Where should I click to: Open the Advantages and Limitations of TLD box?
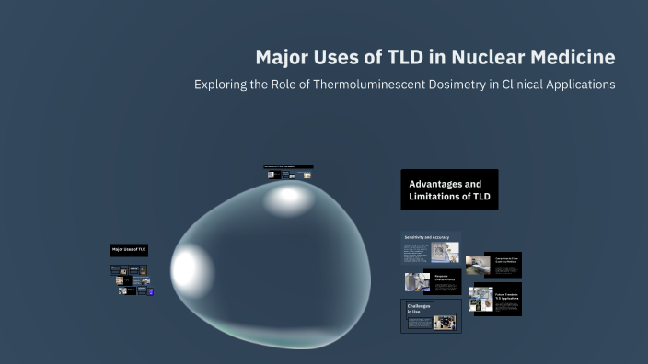point(449,189)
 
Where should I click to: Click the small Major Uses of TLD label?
point(129,249)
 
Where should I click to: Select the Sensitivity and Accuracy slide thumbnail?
point(431,247)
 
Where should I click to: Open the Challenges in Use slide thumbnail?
point(431,316)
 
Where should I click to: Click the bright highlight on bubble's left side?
point(186,267)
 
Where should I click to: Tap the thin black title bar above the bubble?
point(287,166)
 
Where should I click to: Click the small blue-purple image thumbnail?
point(150,291)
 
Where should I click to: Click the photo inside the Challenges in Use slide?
point(445,322)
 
